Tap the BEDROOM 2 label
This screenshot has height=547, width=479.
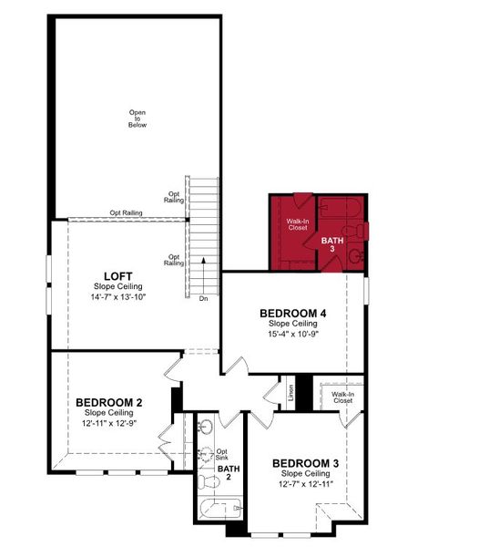pos(108,402)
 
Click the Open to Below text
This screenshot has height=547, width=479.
pos(137,119)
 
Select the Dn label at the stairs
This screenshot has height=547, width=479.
pos(203,298)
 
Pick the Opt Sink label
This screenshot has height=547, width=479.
pos(221,453)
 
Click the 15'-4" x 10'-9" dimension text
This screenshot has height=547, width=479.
pos(292,335)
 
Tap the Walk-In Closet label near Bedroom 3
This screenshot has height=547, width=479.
pos(342,397)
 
